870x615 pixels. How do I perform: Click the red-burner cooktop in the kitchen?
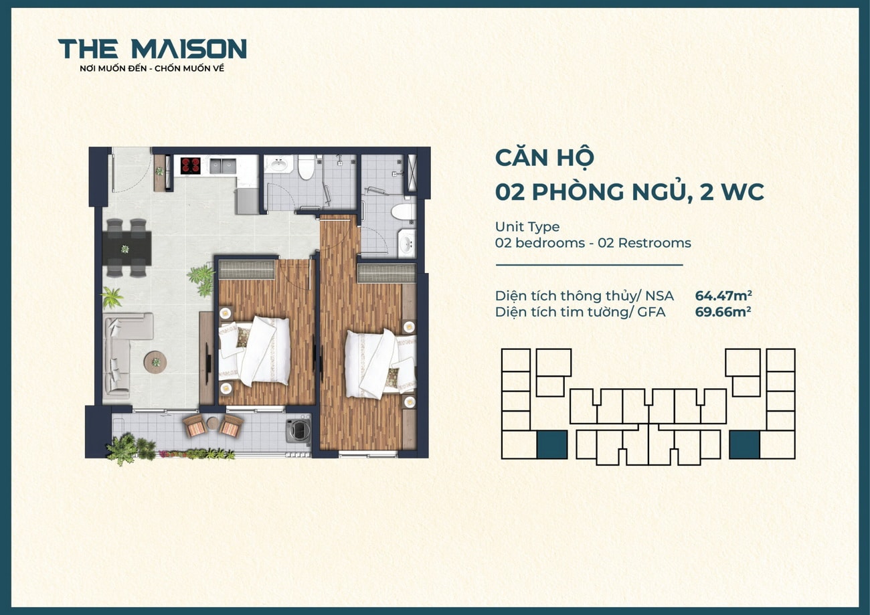190,165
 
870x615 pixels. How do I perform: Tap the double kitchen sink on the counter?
222,166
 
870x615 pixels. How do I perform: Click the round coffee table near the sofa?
155,362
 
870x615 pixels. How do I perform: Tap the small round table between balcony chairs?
212,423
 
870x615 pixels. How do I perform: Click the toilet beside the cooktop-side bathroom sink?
306,167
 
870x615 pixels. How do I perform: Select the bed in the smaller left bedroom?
258,351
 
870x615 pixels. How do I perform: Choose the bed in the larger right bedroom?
378,365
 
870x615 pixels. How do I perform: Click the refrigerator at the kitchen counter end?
246,199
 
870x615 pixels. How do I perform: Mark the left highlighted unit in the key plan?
552,444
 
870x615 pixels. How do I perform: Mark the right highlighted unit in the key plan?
744,444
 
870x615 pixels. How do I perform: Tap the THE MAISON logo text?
153,49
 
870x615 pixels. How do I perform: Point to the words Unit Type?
527,227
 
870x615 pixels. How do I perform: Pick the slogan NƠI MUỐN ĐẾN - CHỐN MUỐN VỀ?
152,68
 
